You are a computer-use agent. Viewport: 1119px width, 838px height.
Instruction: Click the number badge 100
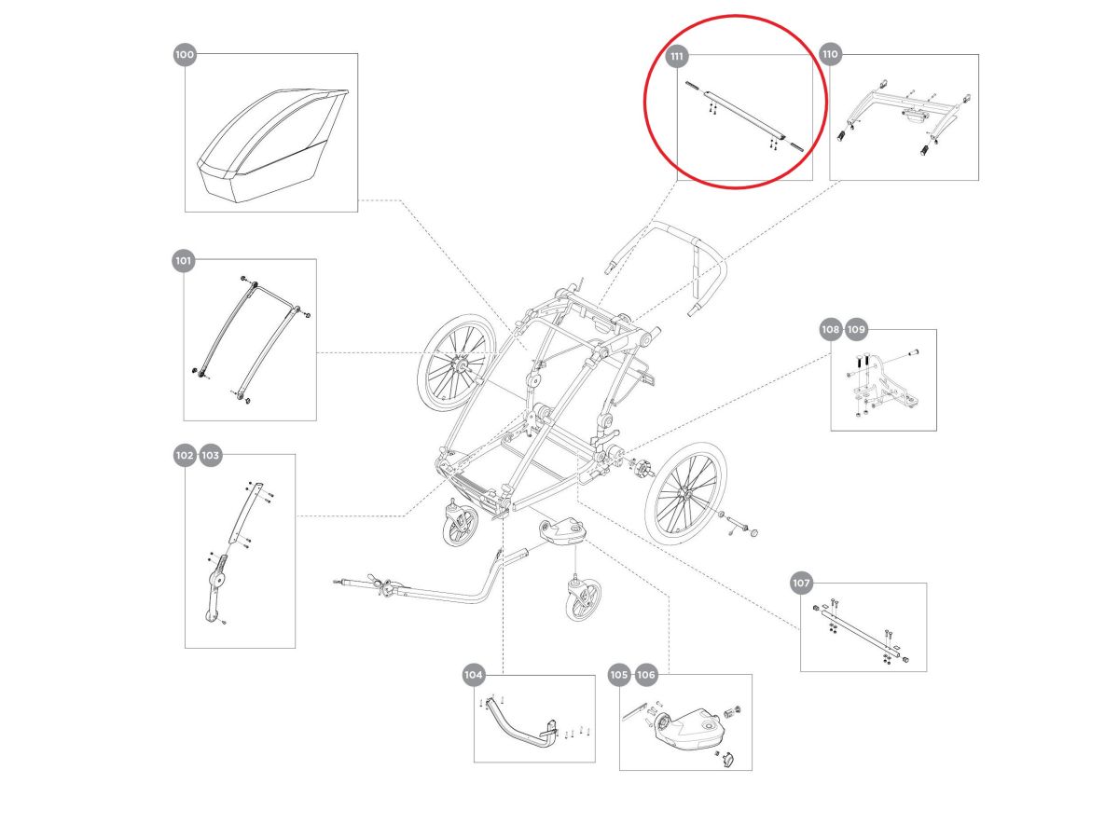(185, 55)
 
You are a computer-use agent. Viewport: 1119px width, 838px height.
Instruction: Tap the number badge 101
(183, 261)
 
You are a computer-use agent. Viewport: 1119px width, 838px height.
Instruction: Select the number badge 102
(185, 455)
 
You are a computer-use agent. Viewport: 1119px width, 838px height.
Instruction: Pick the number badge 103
(210, 455)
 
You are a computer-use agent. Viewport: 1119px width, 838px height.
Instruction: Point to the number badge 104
(474, 674)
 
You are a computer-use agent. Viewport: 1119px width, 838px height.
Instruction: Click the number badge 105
(619, 675)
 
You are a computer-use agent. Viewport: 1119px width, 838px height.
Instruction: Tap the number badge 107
(801, 584)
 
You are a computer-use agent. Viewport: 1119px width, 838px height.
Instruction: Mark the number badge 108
(831, 329)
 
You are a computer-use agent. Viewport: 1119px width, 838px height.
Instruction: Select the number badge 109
(857, 329)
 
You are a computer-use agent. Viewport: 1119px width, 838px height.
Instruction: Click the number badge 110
(830, 55)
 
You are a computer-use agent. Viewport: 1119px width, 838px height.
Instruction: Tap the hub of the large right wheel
(686, 490)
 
